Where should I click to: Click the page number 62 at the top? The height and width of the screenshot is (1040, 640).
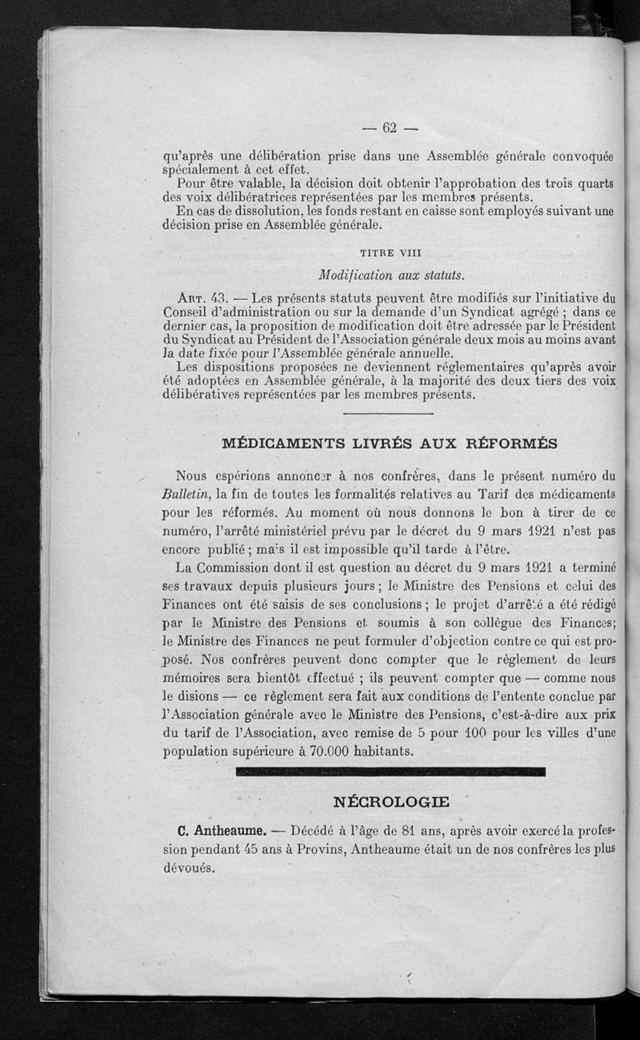tap(390, 127)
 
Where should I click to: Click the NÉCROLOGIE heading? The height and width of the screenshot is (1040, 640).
tap(390, 801)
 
